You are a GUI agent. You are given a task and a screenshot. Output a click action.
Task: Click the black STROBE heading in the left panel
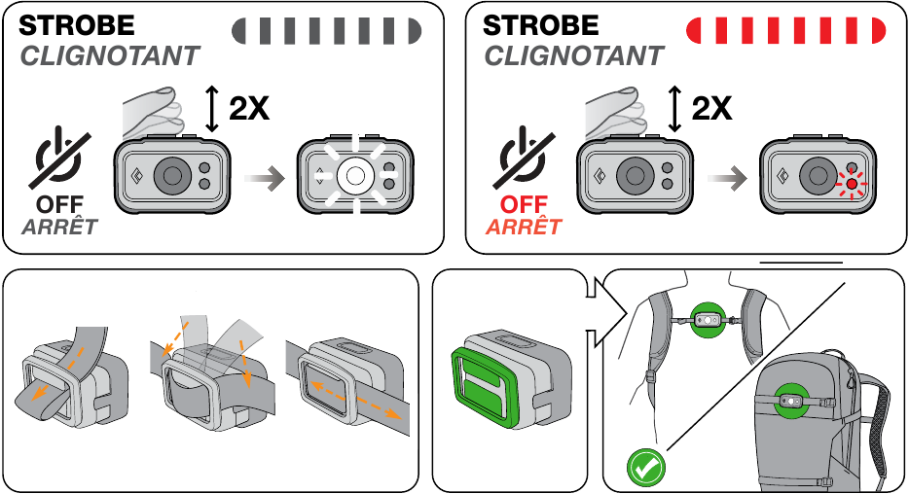pyautogui.click(x=77, y=25)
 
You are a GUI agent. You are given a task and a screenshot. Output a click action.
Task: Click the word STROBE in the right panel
pyautogui.click(x=540, y=25)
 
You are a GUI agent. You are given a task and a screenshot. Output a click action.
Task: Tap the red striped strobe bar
pyautogui.click(x=785, y=31)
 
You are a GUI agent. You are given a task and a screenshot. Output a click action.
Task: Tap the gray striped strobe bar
pyautogui.click(x=326, y=31)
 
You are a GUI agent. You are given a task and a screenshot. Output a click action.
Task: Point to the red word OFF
pyautogui.click(x=524, y=204)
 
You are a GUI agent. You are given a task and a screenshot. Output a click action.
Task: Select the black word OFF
pyautogui.click(x=59, y=204)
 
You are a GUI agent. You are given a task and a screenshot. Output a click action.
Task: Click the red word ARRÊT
pyautogui.click(x=524, y=227)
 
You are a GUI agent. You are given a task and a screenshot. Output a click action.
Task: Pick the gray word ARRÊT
pyautogui.click(x=59, y=227)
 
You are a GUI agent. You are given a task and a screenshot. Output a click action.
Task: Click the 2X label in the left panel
pyautogui.click(x=249, y=108)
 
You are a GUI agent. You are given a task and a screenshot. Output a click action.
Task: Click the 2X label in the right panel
pyautogui.click(x=711, y=108)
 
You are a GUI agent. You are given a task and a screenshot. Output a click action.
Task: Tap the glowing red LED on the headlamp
pyautogui.click(x=851, y=184)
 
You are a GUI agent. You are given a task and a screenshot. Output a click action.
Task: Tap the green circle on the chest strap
pyautogui.click(x=708, y=319)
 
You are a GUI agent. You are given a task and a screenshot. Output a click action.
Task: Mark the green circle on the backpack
pyautogui.click(x=791, y=401)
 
